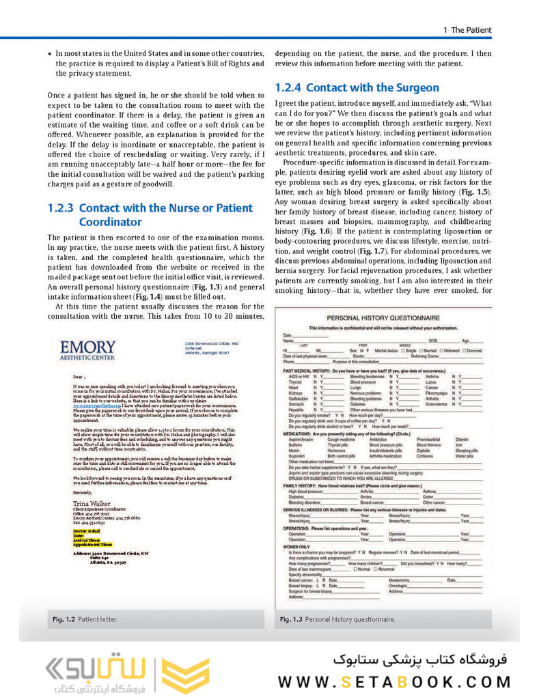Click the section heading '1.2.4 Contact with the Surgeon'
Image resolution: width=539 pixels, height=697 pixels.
357,88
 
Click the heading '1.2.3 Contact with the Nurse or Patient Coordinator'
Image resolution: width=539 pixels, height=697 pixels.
150,215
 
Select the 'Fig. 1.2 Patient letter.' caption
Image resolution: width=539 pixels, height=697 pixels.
85,619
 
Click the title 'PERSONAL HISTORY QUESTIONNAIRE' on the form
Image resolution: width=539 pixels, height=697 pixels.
383,319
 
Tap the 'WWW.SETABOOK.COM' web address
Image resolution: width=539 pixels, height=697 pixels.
394,681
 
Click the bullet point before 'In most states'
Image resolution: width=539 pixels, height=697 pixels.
49,53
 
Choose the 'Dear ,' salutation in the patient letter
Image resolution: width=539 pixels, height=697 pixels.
80,376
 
